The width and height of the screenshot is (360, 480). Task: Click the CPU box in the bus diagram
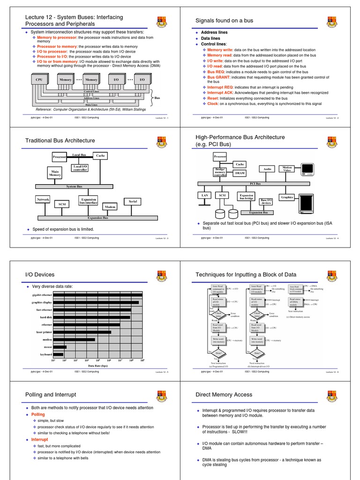click(x=39, y=80)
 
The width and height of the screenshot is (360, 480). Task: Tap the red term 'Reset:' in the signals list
click(x=214, y=98)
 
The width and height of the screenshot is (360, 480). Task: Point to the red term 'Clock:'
click(x=214, y=104)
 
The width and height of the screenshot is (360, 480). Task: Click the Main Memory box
click(x=55, y=174)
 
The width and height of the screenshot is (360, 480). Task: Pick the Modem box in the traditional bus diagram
click(x=110, y=207)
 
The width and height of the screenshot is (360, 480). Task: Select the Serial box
click(x=133, y=201)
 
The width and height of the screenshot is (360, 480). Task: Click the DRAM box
click(x=240, y=173)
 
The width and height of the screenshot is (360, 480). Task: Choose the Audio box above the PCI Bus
click(x=267, y=169)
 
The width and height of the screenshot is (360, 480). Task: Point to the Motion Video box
click(x=287, y=169)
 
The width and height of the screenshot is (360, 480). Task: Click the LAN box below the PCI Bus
click(x=205, y=195)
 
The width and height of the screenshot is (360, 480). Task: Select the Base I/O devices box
click(x=266, y=202)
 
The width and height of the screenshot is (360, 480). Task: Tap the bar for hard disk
click(x=91, y=317)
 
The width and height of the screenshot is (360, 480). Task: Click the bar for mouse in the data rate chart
click(x=60, y=347)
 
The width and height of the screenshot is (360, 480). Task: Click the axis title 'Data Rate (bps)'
click(x=98, y=366)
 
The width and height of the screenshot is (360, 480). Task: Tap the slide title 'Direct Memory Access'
click(x=224, y=395)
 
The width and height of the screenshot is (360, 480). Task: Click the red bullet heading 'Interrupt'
click(x=39, y=440)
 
